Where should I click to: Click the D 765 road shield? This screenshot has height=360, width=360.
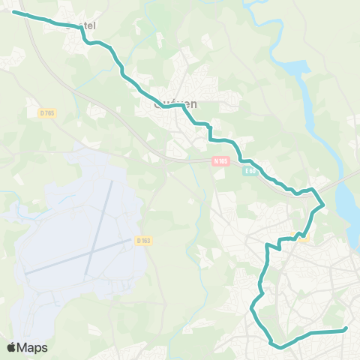click(47, 112)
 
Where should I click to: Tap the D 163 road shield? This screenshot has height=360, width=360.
click(144, 240)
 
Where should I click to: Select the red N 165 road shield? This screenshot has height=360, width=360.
click(220, 160)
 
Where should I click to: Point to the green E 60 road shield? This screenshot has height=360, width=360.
click(250, 172)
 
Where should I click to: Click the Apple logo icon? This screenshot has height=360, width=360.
click(12, 347)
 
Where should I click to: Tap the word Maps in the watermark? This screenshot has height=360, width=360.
click(33, 347)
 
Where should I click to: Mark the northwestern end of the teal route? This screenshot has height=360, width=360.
click(14, 12)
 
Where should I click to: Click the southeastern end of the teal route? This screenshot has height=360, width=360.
click(345, 328)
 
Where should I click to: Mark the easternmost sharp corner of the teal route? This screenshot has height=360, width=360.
click(323, 204)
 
